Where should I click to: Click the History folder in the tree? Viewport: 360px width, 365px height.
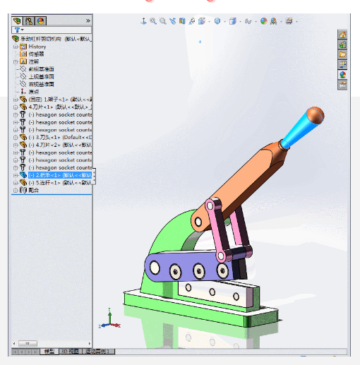[37, 47]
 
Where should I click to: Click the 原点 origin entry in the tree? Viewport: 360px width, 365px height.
[33, 92]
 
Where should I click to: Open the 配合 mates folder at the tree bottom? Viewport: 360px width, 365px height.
[33, 190]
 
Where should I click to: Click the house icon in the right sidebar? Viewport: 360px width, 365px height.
[342, 35]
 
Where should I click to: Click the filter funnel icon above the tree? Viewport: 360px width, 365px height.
[16, 30]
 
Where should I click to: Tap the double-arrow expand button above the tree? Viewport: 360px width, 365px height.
[88, 20]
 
